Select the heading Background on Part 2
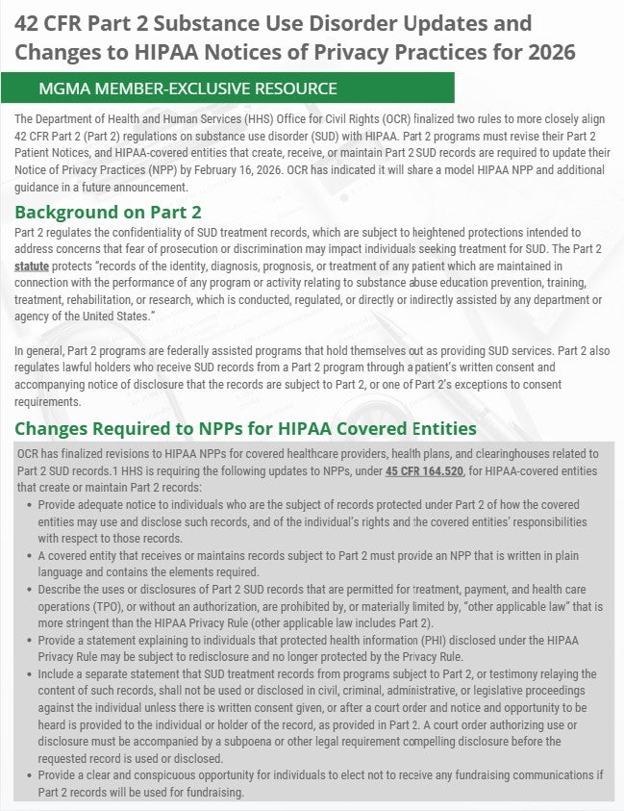point(108,213)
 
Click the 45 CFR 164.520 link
point(424,471)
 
